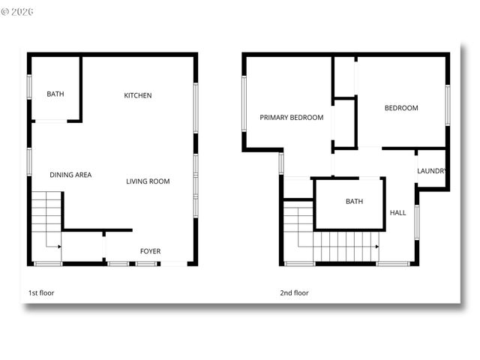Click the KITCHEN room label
point(138,95)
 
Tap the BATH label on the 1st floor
point(55,94)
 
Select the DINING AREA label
point(70,175)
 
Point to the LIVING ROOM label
point(148,181)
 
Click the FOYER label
point(150,251)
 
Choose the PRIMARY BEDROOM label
point(292,117)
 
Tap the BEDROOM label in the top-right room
point(401,108)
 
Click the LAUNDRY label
point(432,170)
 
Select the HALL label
point(397,212)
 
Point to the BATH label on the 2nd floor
point(354,202)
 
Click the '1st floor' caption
point(41,292)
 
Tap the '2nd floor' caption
point(294,292)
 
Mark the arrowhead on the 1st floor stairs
point(58,245)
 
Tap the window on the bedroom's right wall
point(447,105)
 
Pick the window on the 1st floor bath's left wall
point(29,86)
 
